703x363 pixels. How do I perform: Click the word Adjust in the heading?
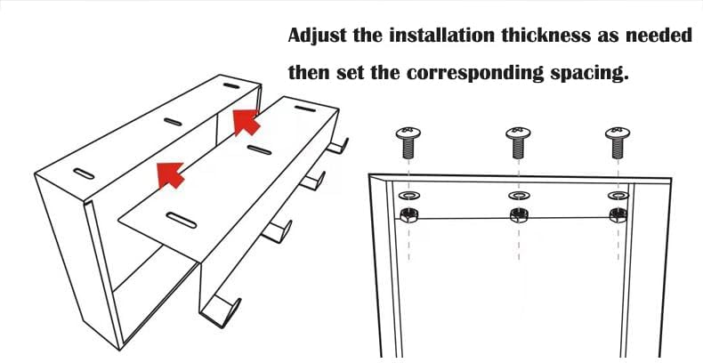coord(318,35)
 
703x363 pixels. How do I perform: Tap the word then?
coord(309,72)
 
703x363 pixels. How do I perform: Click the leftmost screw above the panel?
coord(408,142)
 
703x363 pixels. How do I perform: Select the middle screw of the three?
coord(518,142)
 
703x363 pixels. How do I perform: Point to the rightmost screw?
coord(618,142)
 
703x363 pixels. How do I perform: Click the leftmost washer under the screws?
coord(408,196)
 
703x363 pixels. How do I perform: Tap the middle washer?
coord(519,196)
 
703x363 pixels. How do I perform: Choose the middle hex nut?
coord(519,215)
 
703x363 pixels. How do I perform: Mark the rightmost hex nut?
coord(618,215)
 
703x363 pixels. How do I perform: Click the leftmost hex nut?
coord(408,215)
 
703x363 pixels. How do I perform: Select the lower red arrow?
coord(170,174)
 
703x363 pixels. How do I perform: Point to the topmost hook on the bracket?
coord(337,146)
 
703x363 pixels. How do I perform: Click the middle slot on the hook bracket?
coord(259,149)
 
